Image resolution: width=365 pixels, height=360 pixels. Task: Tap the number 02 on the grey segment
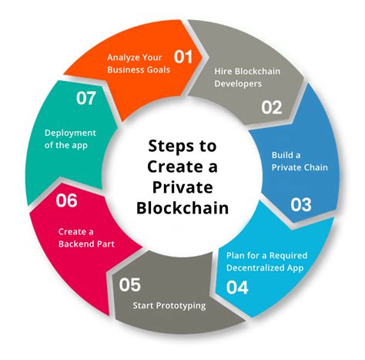click(x=272, y=107)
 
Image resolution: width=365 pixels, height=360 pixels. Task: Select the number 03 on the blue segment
click(x=301, y=204)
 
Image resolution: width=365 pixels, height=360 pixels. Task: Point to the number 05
click(x=130, y=285)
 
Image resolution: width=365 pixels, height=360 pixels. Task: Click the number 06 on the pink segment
click(x=67, y=201)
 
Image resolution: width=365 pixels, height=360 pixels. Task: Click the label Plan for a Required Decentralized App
click(x=265, y=261)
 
